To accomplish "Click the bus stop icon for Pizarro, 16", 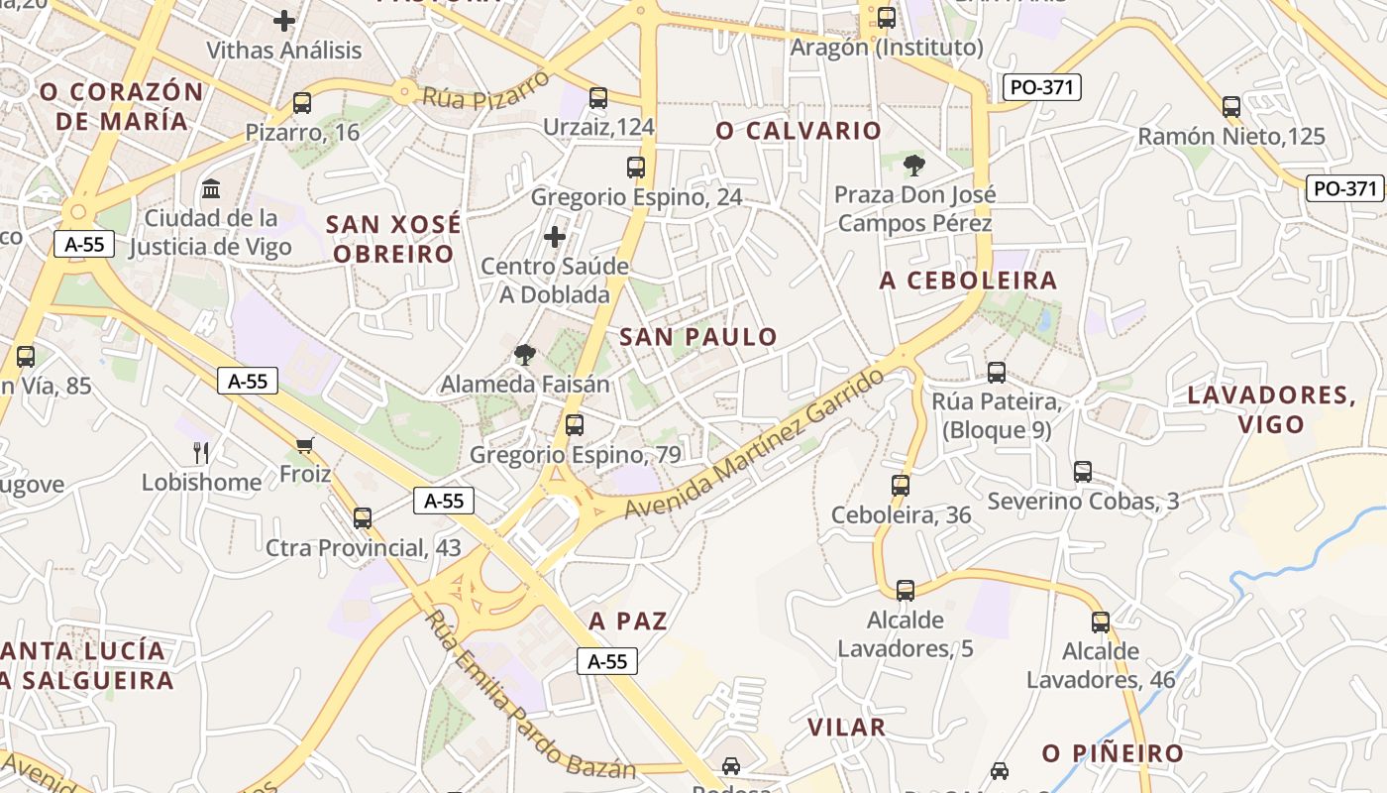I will pyautogui.click(x=302, y=102).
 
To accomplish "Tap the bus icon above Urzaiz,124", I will pyautogui.click(x=597, y=97).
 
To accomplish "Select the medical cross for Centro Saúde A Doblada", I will pyautogui.click(x=555, y=237).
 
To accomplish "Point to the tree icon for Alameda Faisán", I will pyautogui.click(x=524, y=354).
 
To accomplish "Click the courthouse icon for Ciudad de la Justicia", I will pyautogui.click(x=210, y=188).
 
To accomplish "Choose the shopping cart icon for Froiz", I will pyautogui.click(x=304, y=445).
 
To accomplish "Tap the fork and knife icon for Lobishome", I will pyautogui.click(x=201, y=453).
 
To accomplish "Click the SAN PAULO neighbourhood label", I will pyautogui.click(x=698, y=337).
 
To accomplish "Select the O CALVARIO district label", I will pyautogui.click(x=799, y=131).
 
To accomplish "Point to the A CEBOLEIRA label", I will pyautogui.click(x=968, y=281).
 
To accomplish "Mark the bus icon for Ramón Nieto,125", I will pyautogui.click(x=1231, y=106).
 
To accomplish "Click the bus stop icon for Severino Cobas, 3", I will pyautogui.click(x=1083, y=472).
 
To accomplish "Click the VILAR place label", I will pyautogui.click(x=846, y=728).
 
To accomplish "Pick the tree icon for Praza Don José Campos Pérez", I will pyautogui.click(x=913, y=165).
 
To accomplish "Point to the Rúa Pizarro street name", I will pyautogui.click(x=485, y=88).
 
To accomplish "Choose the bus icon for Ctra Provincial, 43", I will pyautogui.click(x=363, y=517).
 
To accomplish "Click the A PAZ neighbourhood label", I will pyautogui.click(x=628, y=622).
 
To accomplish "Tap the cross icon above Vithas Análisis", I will pyautogui.click(x=284, y=20).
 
